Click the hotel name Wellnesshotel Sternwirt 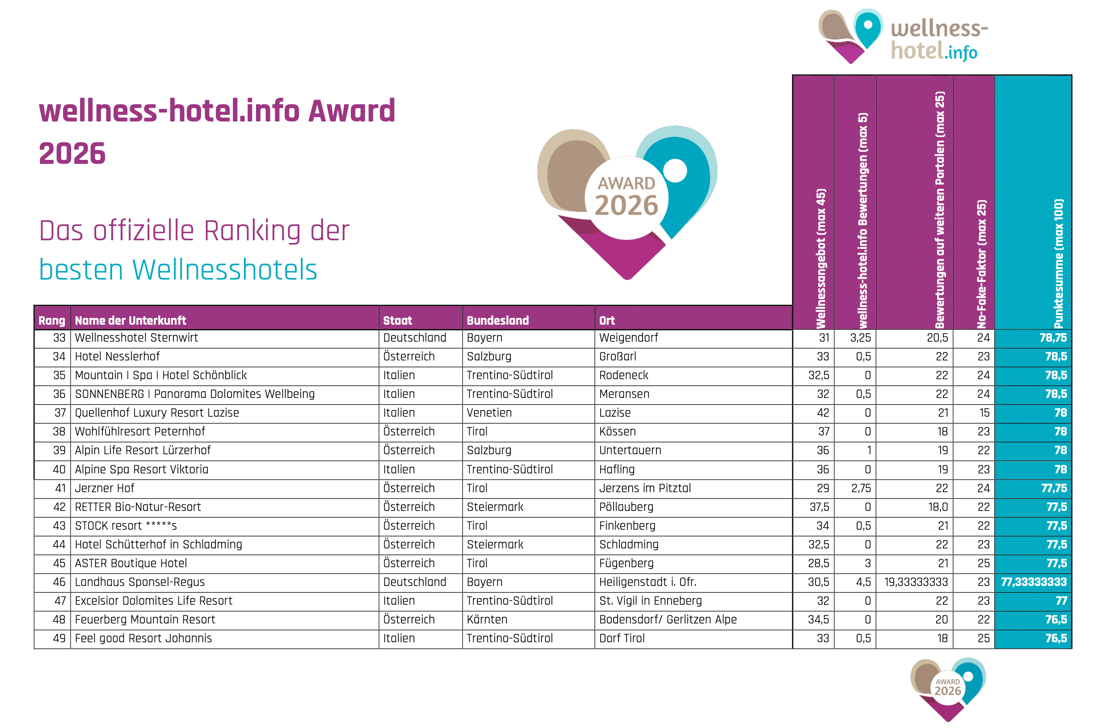point(136,338)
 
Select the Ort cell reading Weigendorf point(628,338)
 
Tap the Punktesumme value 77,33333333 point(1034,582)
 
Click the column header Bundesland point(498,321)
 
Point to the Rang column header point(52,321)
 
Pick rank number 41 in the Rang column point(60,489)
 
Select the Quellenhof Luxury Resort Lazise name point(157,413)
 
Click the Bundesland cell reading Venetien point(489,413)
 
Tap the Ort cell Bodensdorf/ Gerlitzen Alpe point(668,620)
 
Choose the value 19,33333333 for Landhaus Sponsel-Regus point(916,582)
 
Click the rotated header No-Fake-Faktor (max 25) point(982,264)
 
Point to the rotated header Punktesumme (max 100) point(1059,264)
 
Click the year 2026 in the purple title point(72,154)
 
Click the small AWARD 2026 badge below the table point(947,687)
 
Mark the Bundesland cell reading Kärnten point(487,620)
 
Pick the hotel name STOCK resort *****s point(126,526)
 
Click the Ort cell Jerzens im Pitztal point(645,489)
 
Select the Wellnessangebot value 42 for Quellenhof point(823,413)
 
